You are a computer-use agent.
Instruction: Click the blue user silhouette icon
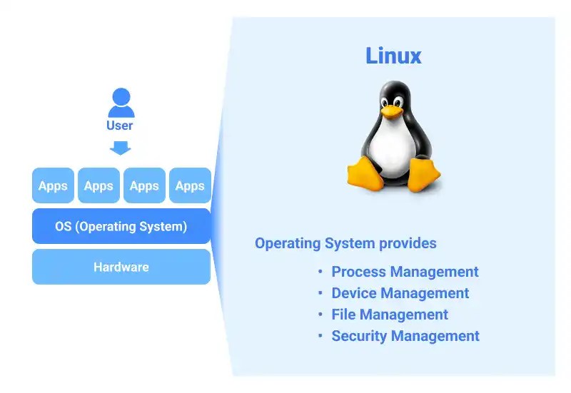pos(121,103)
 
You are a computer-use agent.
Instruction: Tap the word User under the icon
pos(120,126)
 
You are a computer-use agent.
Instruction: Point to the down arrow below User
pos(121,147)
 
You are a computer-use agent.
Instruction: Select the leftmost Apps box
pos(53,186)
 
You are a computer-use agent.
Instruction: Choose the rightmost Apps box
pos(190,186)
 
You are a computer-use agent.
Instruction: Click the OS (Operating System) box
pos(121,227)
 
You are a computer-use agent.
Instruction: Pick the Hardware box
pos(121,267)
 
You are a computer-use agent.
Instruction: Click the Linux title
pos(393,56)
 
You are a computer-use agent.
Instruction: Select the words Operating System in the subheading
pos(310,243)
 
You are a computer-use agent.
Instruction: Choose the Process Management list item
pos(405,272)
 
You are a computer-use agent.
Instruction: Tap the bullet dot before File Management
pos(321,315)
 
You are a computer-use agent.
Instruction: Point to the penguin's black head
pos(394,93)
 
